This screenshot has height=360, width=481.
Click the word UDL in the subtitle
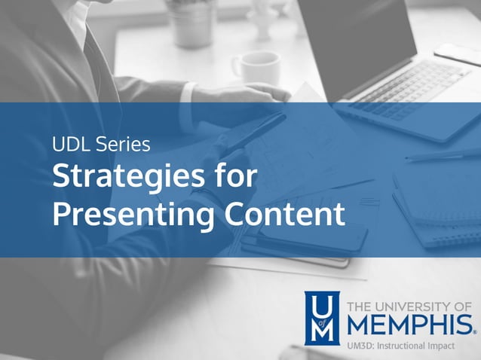[69, 143]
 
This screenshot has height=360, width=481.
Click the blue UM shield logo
[321, 317]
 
